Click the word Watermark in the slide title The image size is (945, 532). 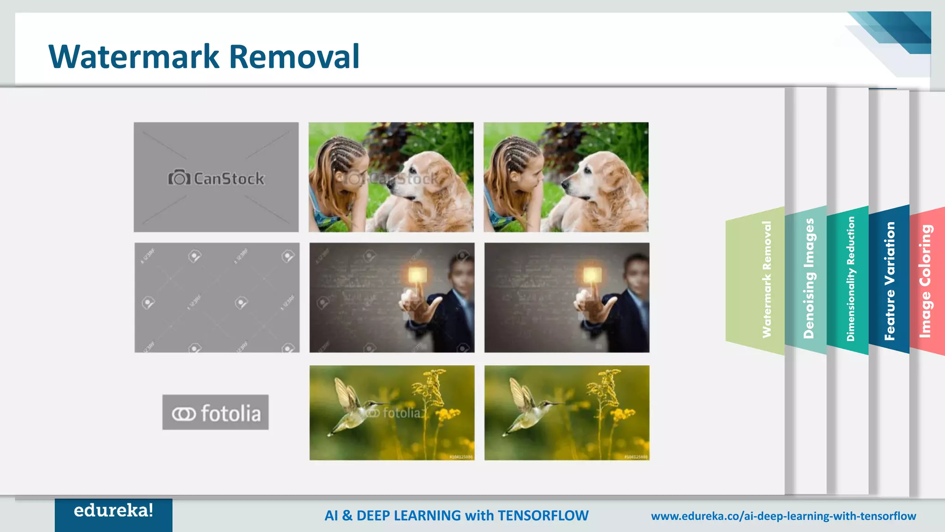[x=134, y=57]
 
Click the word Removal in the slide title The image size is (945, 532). [x=294, y=57]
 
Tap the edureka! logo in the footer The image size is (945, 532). [x=114, y=511]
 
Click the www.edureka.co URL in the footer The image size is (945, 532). [x=783, y=516]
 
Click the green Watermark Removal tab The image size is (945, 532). [x=766, y=279]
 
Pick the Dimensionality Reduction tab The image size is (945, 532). [x=850, y=279]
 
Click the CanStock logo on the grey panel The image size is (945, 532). [x=216, y=178]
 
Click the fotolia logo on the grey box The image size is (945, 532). [x=215, y=413]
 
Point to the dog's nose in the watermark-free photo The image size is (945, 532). [x=565, y=185]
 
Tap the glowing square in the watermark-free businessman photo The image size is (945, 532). [x=592, y=275]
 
